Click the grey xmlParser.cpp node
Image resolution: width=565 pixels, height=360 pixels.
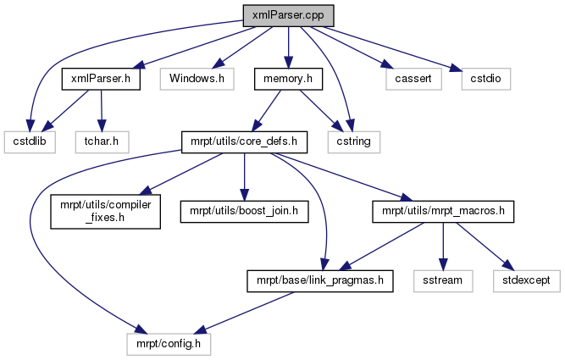[x=288, y=15]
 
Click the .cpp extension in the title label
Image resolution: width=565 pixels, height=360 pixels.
[x=311, y=15]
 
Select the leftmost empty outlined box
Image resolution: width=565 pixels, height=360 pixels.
[x=30, y=142]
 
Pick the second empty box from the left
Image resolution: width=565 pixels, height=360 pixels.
[x=102, y=142]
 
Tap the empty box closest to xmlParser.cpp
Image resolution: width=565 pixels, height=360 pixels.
[x=197, y=79]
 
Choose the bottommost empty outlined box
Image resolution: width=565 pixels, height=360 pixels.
[x=169, y=344]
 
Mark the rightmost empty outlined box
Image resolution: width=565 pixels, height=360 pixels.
[x=527, y=281]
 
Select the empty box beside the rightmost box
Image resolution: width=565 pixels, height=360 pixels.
[x=443, y=281]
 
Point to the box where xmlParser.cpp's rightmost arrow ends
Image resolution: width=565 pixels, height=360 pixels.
[x=486, y=79]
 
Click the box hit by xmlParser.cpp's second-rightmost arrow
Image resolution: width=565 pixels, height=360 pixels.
[x=413, y=79]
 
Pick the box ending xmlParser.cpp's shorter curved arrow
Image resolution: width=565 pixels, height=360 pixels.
[x=354, y=142]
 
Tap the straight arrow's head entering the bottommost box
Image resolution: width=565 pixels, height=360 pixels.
[x=200, y=330]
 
